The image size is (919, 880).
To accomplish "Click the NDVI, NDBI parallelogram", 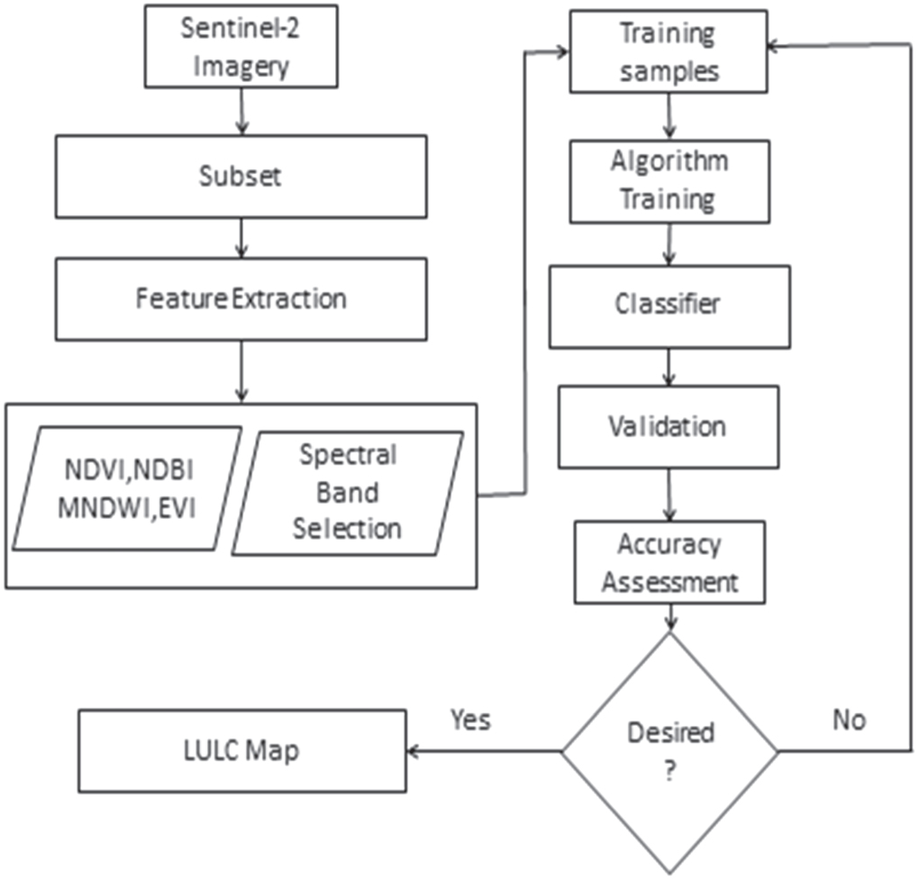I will (127, 487).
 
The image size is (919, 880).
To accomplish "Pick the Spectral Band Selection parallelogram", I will (348, 492).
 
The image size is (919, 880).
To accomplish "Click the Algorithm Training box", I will (668, 180).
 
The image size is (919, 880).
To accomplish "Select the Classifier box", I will (669, 305).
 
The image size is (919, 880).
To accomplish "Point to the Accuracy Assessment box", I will (669, 564).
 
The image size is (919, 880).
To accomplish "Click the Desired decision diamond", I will (669, 750).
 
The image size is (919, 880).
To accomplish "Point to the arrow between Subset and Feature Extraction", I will (240, 240).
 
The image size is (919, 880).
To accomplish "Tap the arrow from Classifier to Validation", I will (669, 367).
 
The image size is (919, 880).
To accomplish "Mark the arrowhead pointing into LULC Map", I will (414, 751).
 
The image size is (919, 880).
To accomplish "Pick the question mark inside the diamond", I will (669, 773).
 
